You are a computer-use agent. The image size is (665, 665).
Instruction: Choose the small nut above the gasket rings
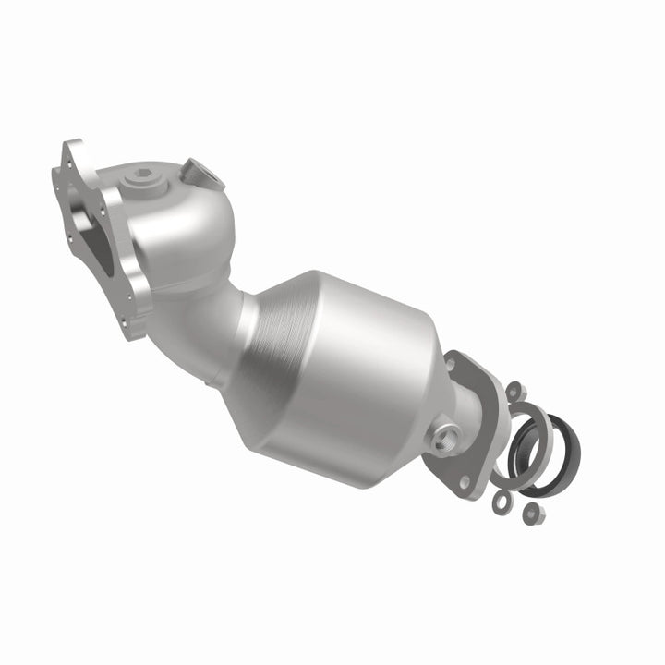pos(514,389)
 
